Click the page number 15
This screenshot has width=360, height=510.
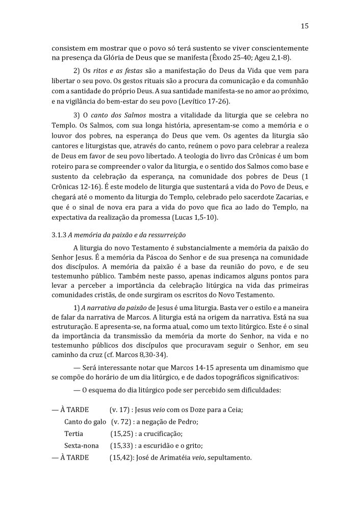click(304, 26)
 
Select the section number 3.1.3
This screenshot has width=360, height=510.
click(61, 235)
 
